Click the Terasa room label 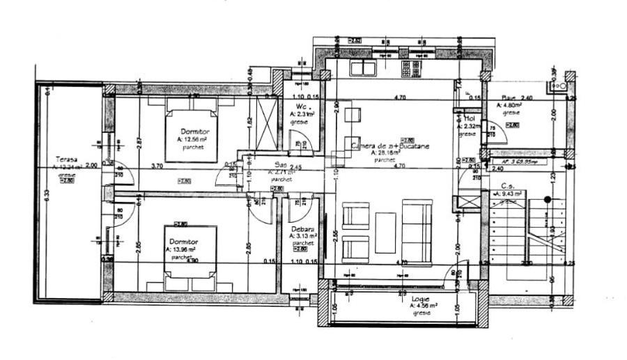[67, 159]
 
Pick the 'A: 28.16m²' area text [385, 152]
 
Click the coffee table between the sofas [385, 232]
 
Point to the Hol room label [470, 118]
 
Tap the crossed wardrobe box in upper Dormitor [267, 123]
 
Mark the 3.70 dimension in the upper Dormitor [157, 166]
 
